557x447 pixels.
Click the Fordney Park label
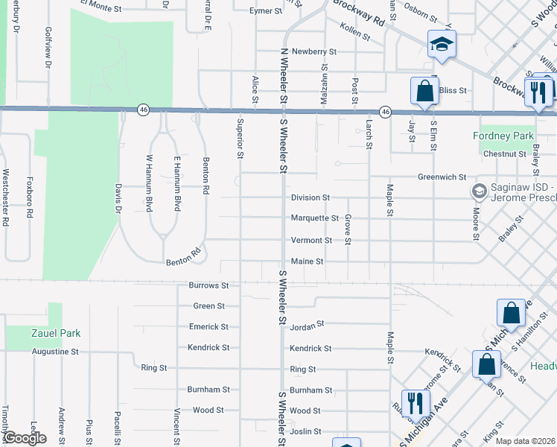(x=503, y=136)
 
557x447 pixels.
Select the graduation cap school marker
(x=441, y=45)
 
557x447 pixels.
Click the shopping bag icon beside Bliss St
(x=424, y=91)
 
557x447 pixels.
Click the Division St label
(x=310, y=197)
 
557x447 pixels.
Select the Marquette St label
(x=314, y=218)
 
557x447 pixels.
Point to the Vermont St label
(x=311, y=241)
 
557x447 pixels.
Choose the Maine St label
(x=307, y=261)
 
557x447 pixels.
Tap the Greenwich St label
(x=442, y=177)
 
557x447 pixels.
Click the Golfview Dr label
(x=48, y=48)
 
